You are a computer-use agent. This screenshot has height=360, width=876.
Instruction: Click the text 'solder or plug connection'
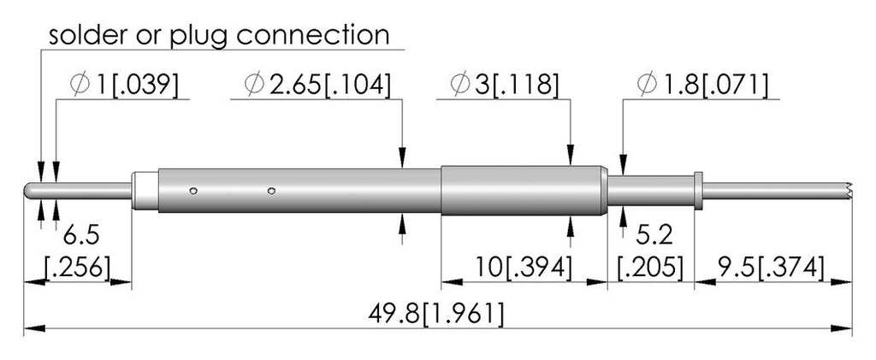[219, 35]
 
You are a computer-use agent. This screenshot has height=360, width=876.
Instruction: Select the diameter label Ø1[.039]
[124, 85]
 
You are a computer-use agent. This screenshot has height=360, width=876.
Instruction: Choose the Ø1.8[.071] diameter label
[702, 85]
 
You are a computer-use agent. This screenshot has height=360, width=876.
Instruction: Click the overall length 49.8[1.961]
[436, 314]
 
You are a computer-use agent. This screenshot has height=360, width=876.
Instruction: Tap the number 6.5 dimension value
[81, 235]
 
